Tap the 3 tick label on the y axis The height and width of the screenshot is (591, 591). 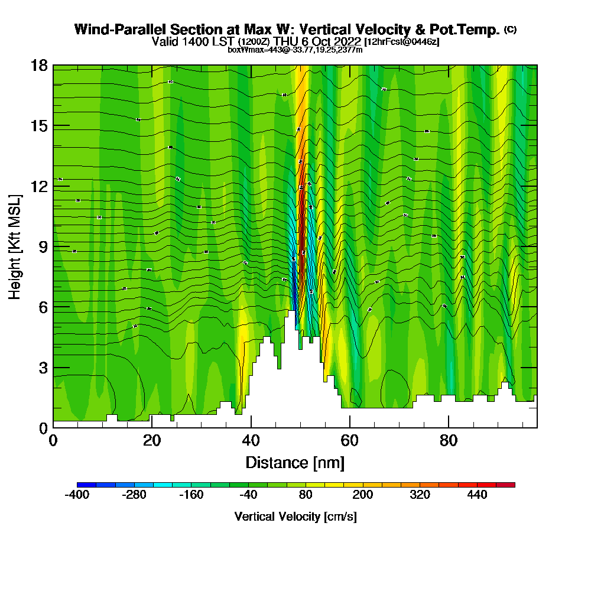click(x=43, y=368)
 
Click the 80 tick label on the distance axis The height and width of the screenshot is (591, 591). click(x=449, y=440)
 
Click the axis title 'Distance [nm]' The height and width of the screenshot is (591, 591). click(x=295, y=462)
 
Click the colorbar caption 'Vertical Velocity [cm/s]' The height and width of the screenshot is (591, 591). click(x=295, y=517)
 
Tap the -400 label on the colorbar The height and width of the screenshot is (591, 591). click(x=77, y=495)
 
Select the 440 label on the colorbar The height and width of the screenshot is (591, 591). click(x=477, y=495)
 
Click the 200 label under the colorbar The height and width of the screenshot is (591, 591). click(x=362, y=495)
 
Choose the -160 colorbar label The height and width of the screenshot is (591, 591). click(x=191, y=495)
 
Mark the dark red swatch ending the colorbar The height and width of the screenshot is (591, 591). click(x=510, y=485)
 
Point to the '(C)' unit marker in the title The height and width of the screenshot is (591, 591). click(x=510, y=30)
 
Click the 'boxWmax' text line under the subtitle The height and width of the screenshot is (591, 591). click(x=295, y=50)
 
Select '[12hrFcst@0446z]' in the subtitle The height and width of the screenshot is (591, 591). click(x=402, y=42)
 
